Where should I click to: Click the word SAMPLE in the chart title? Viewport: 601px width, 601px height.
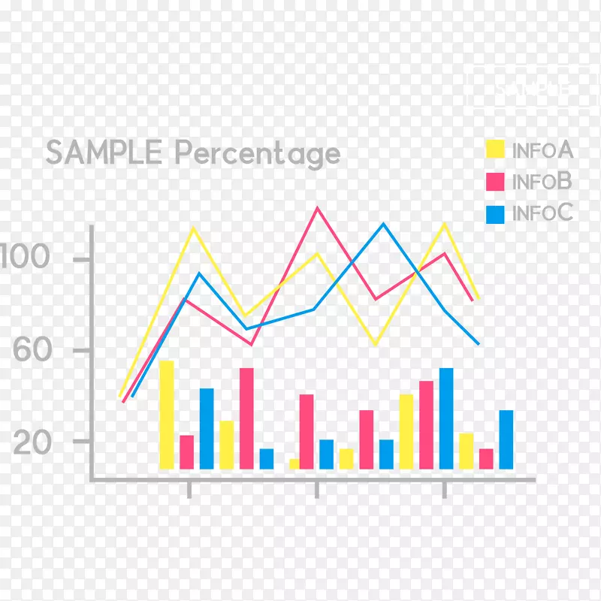pos(103,153)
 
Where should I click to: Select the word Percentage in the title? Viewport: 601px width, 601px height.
pos(258,155)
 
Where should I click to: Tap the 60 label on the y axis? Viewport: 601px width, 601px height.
pos(32,351)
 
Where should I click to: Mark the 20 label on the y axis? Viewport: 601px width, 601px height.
pos(32,442)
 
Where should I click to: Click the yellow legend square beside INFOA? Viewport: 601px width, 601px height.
pos(495,149)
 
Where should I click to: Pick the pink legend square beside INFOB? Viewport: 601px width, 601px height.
pos(495,182)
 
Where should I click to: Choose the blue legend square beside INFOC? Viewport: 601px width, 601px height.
pos(495,214)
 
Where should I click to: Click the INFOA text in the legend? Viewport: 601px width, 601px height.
pos(542,150)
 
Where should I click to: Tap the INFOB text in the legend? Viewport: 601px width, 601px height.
pos(542,182)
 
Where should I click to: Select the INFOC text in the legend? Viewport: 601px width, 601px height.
pos(542,213)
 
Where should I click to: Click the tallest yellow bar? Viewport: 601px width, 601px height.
pos(166,415)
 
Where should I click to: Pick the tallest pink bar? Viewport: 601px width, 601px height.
pos(246,418)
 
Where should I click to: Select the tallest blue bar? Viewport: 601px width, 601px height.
pos(446,418)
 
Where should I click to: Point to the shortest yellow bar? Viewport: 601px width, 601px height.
pos(294,464)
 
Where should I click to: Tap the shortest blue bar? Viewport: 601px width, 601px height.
pos(267,459)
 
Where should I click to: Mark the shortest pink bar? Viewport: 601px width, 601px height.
pos(486,459)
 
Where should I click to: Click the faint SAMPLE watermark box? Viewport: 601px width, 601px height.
pos(530,89)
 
